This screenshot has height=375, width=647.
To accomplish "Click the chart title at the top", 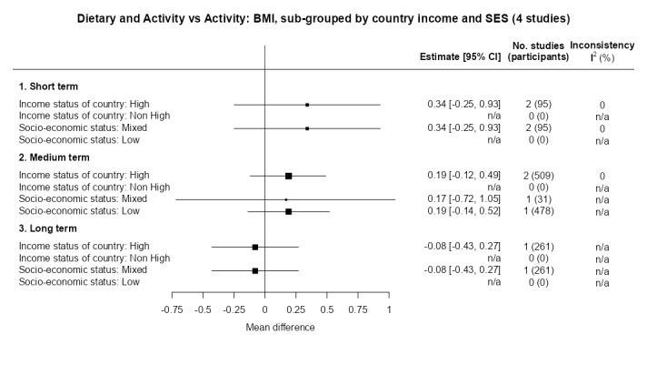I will coord(323,18).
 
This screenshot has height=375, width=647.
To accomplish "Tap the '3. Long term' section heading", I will coord(49,228).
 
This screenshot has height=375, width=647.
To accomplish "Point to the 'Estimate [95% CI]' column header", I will coord(460,56).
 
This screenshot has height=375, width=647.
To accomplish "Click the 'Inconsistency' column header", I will coord(602,44).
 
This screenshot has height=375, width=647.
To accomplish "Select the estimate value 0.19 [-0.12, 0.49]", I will coord(463,175).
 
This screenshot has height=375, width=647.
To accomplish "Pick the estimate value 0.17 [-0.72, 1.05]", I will coord(463,198).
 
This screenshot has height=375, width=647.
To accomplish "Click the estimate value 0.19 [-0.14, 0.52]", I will coord(463,210).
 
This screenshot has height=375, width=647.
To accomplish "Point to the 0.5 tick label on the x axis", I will coord(327,309).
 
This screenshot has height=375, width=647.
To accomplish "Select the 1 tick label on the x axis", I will coord(389,309).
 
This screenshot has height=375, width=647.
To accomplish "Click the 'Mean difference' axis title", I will coord(280,328).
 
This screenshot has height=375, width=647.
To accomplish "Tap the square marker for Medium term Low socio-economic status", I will coord(288,211).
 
